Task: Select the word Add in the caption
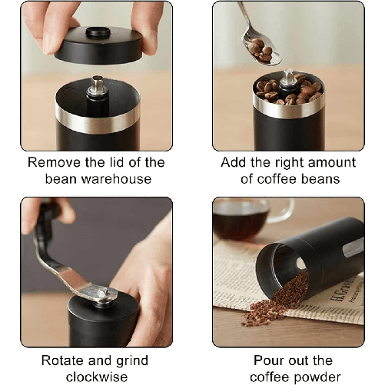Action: (234, 163)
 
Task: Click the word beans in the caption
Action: (319, 179)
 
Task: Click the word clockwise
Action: (96, 377)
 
